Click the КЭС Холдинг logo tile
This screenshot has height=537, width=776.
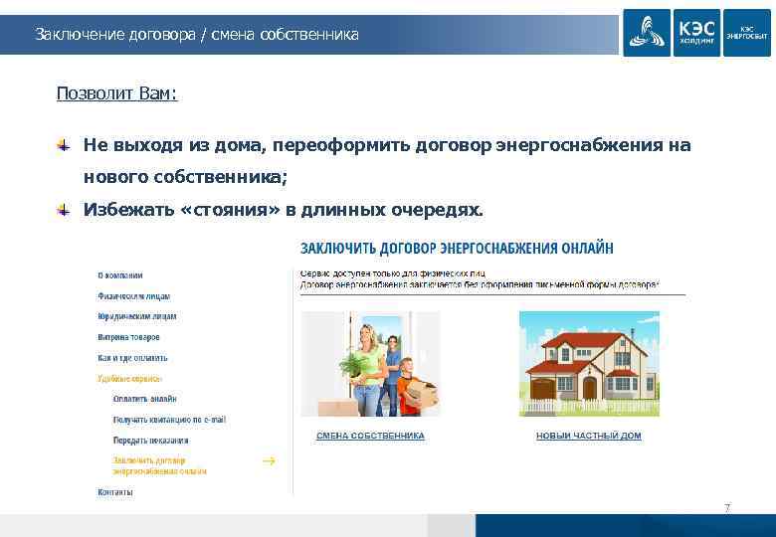(696, 32)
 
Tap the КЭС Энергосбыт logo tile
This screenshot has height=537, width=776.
(746, 32)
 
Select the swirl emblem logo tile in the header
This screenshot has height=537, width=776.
(647, 32)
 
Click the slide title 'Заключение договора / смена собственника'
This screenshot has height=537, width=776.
(197, 35)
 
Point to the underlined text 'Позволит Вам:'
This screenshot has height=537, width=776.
(117, 93)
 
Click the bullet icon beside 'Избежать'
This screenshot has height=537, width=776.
(63, 210)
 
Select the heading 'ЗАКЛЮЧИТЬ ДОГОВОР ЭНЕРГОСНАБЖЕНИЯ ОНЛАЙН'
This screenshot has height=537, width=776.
(457, 248)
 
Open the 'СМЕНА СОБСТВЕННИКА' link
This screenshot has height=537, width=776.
(370, 436)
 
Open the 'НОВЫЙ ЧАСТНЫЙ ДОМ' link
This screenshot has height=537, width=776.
(588, 436)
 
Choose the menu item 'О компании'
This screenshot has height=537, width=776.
(120, 275)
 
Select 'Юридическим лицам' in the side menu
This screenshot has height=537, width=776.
(137, 316)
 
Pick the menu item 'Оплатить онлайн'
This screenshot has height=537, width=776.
(144, 399)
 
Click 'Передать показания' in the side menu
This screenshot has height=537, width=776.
(150, 440)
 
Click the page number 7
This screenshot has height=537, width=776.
(727, 508)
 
